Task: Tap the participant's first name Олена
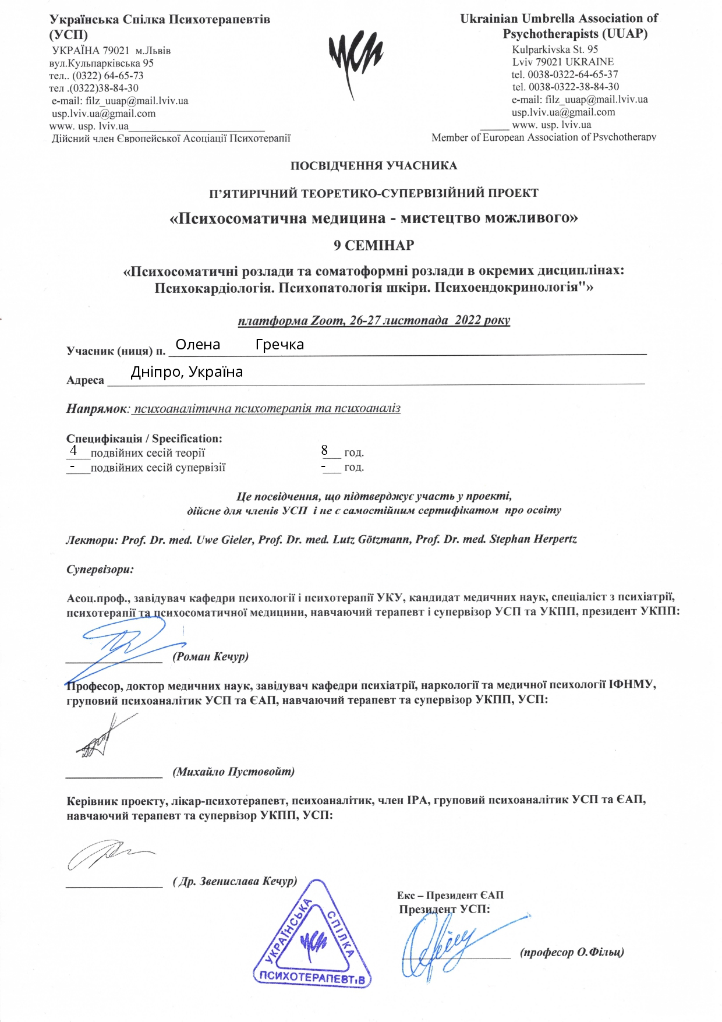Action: click(198, 345)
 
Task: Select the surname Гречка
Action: click(279, 345)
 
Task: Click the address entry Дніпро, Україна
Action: click(186, 372)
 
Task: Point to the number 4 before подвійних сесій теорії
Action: click(73, 450)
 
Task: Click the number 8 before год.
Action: click(325, 450)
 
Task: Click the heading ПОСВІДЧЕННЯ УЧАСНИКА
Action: click(374, 166)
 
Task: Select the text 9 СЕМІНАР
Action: click(374, 246)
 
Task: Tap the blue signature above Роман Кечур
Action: click(125, 641)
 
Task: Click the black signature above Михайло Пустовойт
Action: click(105, 737)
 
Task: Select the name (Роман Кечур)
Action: click(211, 657)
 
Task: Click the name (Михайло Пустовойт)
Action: click(233, 772)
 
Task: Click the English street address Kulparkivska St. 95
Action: click(555, 49)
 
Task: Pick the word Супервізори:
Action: click(100, 570)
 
